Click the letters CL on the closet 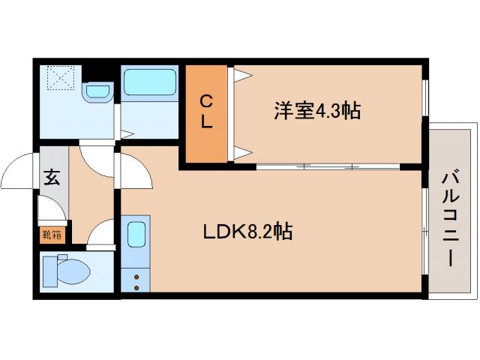coord(206,111)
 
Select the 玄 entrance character coord(52,178)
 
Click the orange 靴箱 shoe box coord(52,234)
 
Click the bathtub coord(148,83)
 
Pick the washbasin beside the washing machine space coord(97,91)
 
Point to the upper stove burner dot coord(136,277)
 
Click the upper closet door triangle coord(241,76)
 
